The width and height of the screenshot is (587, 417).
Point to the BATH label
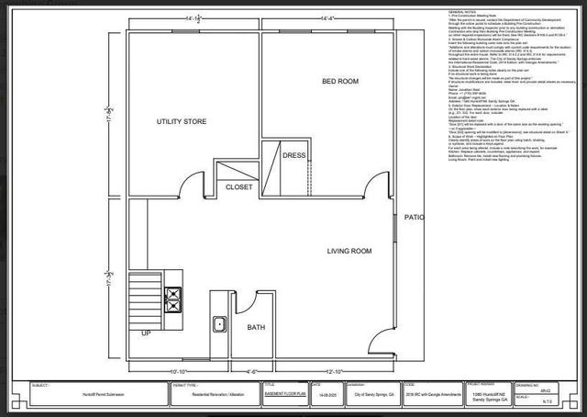pos(256,326)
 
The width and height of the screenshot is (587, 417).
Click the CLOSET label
pos(238,186)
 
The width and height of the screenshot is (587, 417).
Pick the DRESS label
pos(293,156)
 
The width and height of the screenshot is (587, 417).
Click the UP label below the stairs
pos(145,333)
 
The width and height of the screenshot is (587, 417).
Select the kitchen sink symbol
pos(220,323)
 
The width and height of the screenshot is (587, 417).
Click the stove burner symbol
pos(172,296)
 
